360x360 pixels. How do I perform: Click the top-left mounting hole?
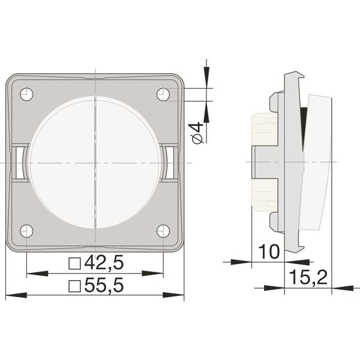(26, 94)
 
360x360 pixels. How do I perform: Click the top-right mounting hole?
(163, 94)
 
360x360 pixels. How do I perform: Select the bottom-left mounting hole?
(26, 231)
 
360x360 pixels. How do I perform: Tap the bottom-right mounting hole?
(163, 231)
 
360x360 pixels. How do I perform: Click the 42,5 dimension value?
(104, 262)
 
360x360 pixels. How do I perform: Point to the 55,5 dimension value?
(104, 285)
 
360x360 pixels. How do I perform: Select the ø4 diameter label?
(197, 133)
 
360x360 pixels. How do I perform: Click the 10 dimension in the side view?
(269, 251)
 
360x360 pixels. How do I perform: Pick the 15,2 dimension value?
(308, 277)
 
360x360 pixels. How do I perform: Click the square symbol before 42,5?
(75, 263)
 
